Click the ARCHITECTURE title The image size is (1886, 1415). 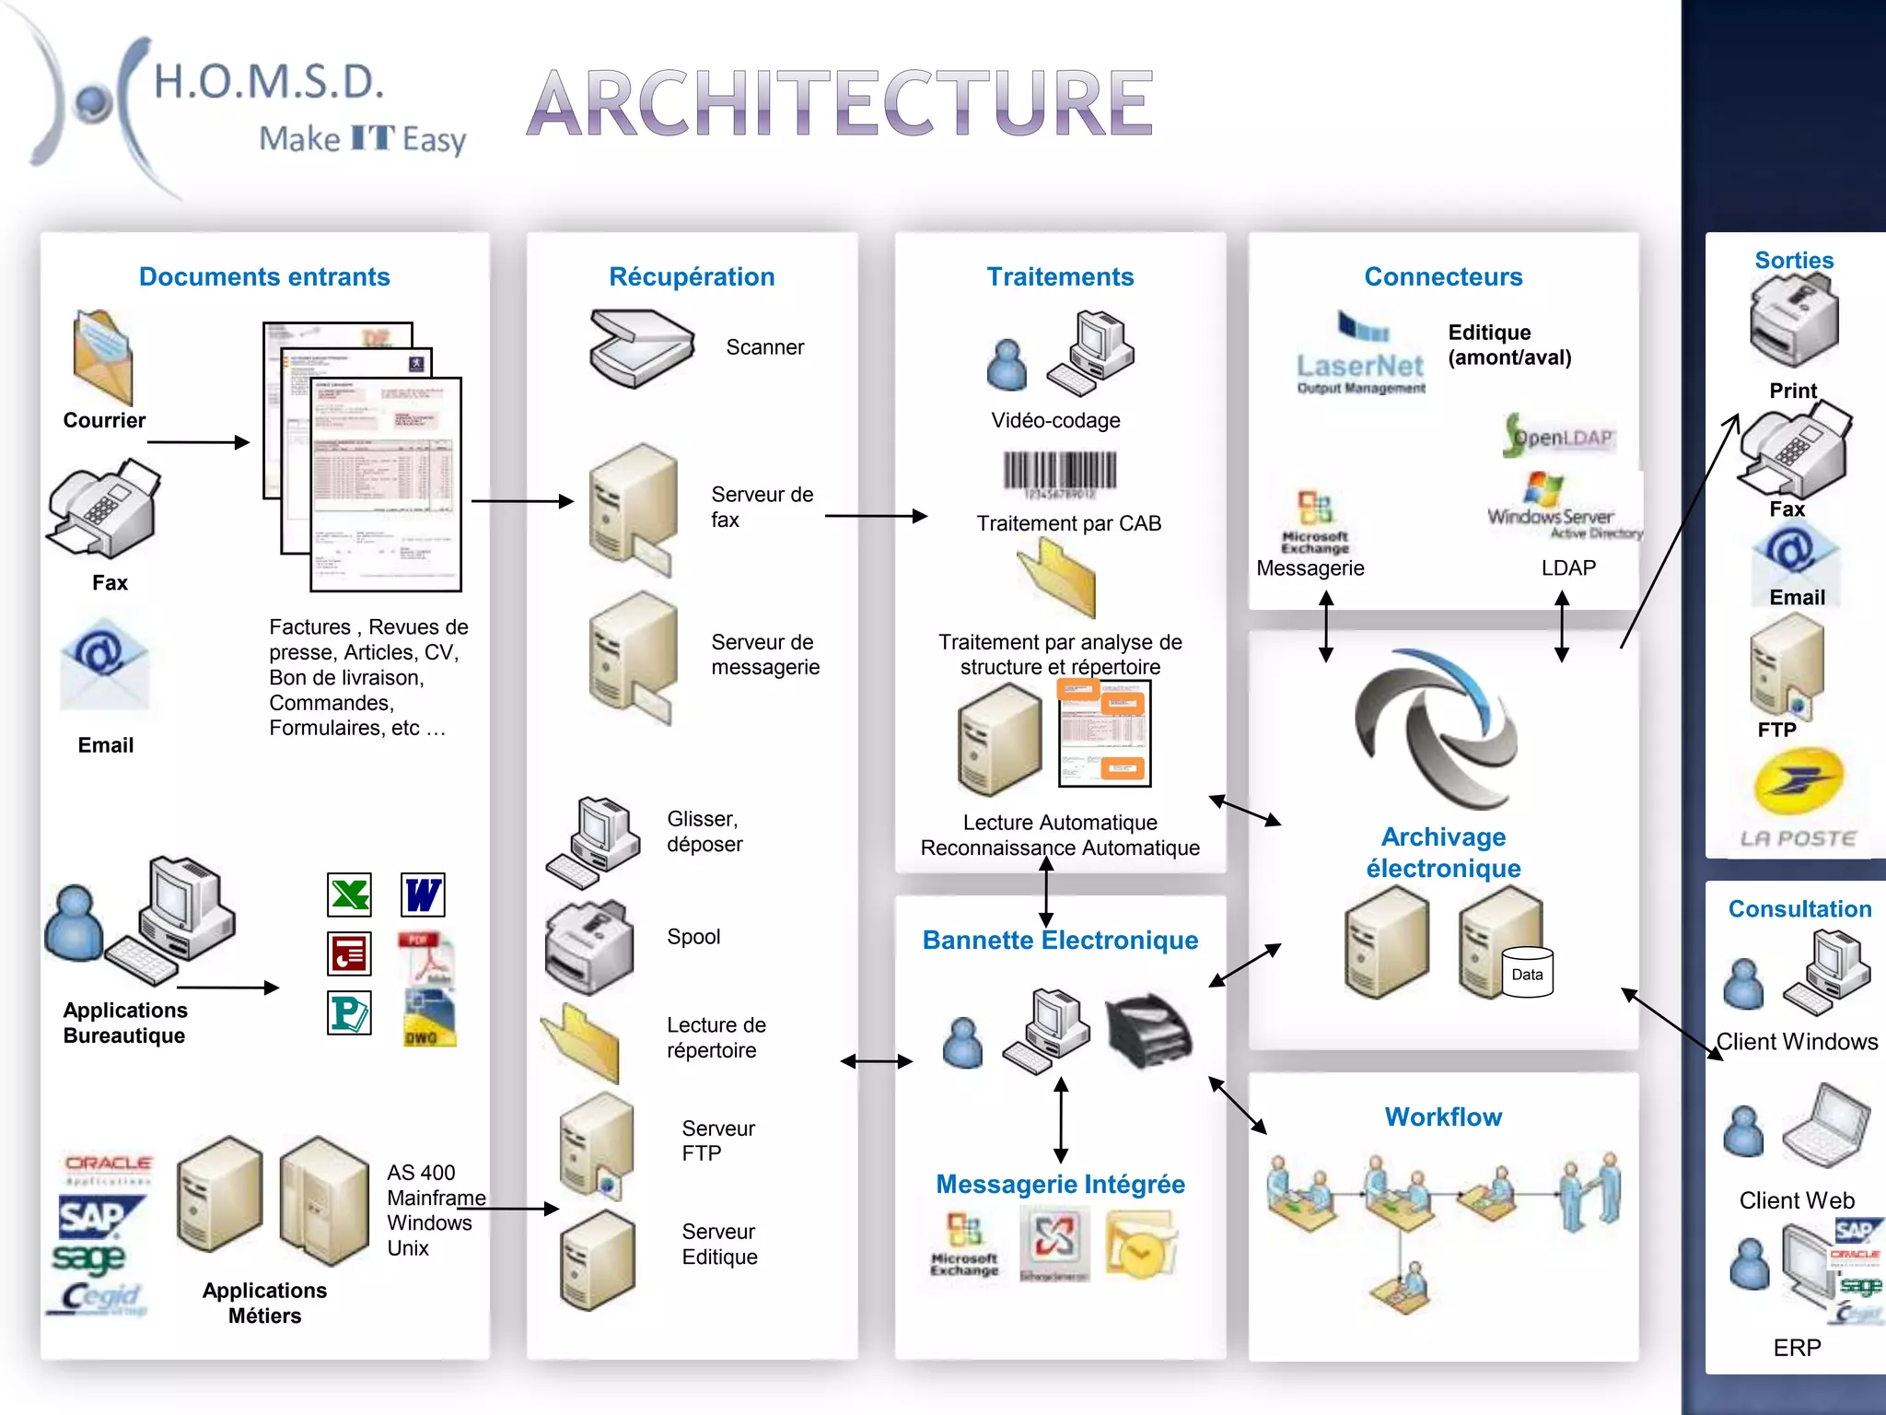pos(840,103)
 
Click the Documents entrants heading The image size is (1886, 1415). pos(264,276)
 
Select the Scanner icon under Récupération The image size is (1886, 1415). pos(641,348)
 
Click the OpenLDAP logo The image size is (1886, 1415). pos(1559,436)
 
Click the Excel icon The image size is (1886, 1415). pos(349,895)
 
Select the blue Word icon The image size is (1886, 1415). pos(423,895)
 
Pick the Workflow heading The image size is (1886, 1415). pos(1443,1117)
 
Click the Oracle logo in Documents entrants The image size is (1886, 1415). pos(108,1165)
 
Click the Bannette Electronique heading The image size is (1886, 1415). pos(1060,940)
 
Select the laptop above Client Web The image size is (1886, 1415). pos(1826,1127)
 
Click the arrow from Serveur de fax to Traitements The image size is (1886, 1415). pos(875,516)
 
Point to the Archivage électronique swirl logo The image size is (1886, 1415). pos(1436,728)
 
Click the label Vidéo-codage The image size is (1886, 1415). pos(1055,420)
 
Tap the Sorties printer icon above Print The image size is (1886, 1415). pos(1793,322)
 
